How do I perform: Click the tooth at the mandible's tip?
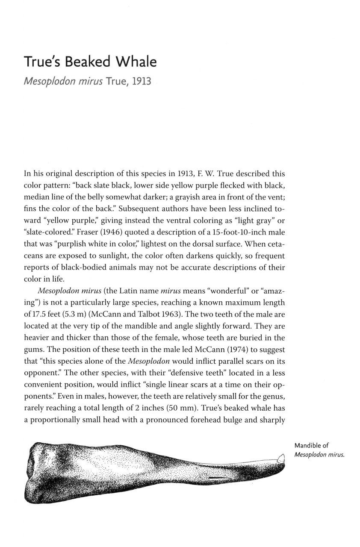(x=280, y=457)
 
